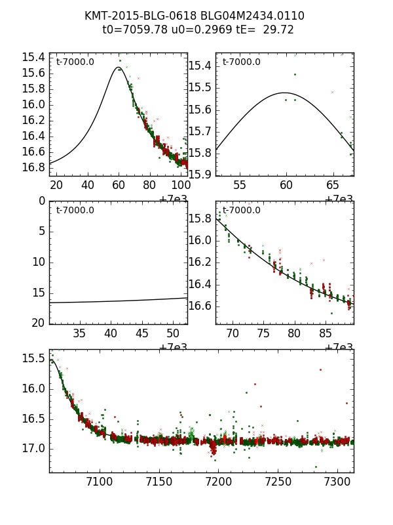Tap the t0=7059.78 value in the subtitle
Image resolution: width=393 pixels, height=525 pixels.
(134, 30)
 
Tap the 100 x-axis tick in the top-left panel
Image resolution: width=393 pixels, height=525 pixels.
(181, 185)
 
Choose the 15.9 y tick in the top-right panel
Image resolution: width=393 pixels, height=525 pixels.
(200, 174)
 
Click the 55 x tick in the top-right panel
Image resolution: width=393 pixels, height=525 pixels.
(240, 185)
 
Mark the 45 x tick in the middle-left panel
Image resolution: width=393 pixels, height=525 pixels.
(141, 333)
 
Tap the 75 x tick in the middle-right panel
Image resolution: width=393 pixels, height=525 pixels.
(263, 333)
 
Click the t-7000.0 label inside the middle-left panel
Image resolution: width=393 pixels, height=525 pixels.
(75, 210)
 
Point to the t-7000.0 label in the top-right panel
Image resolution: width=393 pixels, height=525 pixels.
(241, 62)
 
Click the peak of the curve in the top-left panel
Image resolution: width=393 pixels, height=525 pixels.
(119, 67)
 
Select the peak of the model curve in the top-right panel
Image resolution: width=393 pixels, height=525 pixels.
(285, 93)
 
